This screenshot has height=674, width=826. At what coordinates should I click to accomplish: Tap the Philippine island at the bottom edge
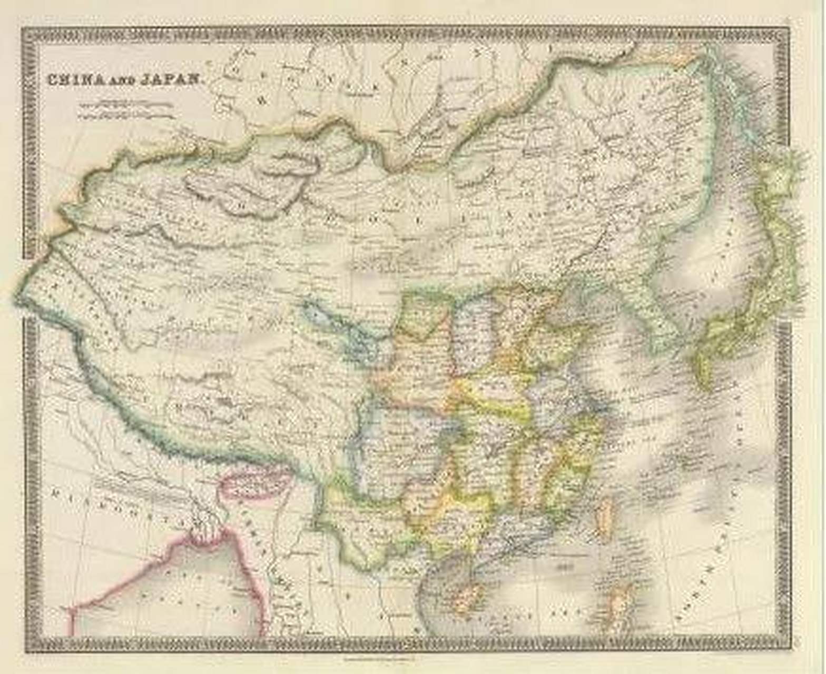click(x=622, y=606)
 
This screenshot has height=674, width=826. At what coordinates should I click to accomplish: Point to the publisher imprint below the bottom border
click(x=379, y=657)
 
